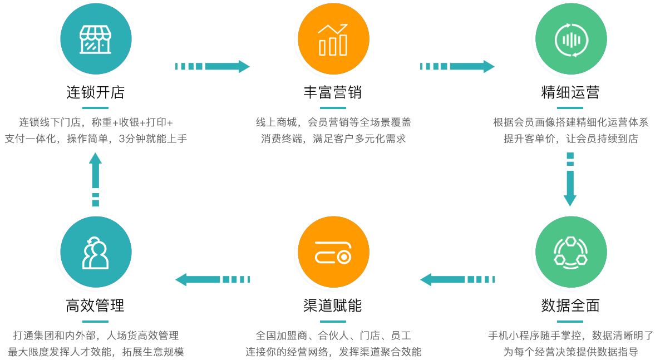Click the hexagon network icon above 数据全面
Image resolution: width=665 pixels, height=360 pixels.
pyautogui.click(x=570, y=253)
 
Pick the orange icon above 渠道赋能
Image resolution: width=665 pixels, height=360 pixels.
pyautogui.click(x=333, y=253)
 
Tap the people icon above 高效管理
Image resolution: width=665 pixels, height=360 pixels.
pyautogui.click(x=96, y=253)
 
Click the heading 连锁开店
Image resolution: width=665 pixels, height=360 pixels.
pyautogui.click(x=96, y=92)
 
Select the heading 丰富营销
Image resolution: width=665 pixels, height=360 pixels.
pyautogui.click(x=333, y=92)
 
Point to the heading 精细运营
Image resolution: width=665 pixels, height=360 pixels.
pyautogui.click(x=570, y=92)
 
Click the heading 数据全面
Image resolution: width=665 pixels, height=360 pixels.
pyautogui.click(x=570, y=305)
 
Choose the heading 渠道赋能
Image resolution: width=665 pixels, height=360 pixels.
pyautogui.click(x=333, y=305)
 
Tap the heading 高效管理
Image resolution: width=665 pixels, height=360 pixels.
pyautogui.click(x=95, y=305)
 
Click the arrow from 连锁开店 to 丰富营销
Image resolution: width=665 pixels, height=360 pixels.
pyautogui.click(x=213, y=67)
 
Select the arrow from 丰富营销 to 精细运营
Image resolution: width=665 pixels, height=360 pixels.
pyautogui.click(x=457, y=67)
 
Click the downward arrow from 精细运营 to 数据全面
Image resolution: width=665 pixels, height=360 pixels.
pyautogui.click(x=570, y=179)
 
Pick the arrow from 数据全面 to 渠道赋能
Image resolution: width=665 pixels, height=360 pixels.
pyautogui.click(x=457, y=279)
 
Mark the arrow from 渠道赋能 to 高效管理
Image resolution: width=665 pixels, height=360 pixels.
pyautogui.click(x=213, y=279)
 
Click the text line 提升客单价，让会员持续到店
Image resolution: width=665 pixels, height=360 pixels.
pyautogui.click(x=570, y=139)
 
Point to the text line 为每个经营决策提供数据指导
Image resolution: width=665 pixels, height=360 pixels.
pyautogui.click(x=570, y=352)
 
